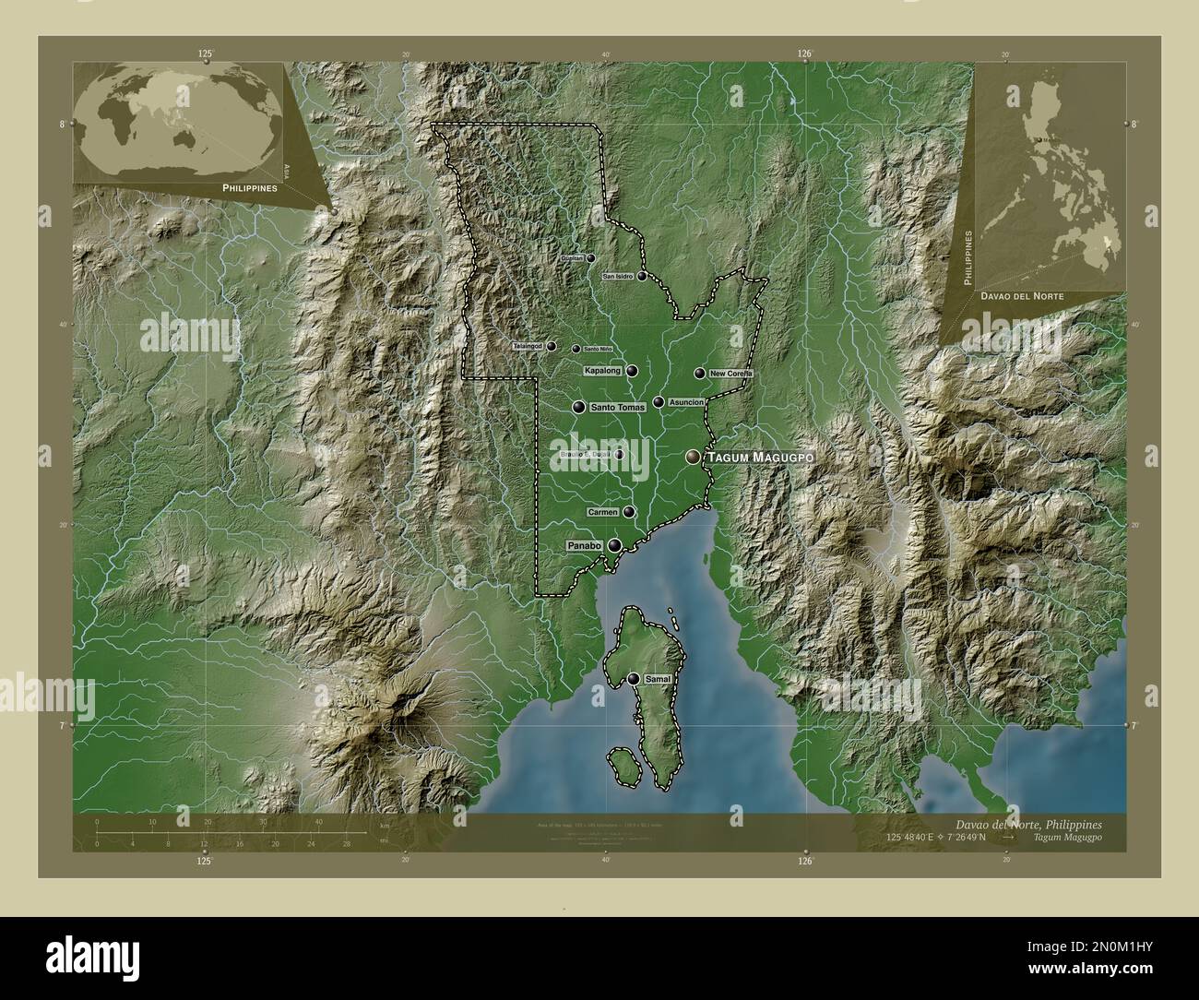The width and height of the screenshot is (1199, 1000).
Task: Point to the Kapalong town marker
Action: tap(632, 371)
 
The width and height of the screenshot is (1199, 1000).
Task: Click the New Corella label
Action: tap(731, 374)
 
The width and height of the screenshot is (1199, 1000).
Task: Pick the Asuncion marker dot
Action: tap(659, 402)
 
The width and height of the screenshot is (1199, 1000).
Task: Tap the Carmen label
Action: tap(602, 512)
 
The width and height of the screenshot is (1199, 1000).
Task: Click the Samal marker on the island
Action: tap(634, 679)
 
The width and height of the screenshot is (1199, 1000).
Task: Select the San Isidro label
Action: tap(618, 276)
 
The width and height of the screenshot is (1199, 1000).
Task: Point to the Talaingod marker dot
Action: tap(551, 347)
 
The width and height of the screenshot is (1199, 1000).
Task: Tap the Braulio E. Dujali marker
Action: tap(619, 454)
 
